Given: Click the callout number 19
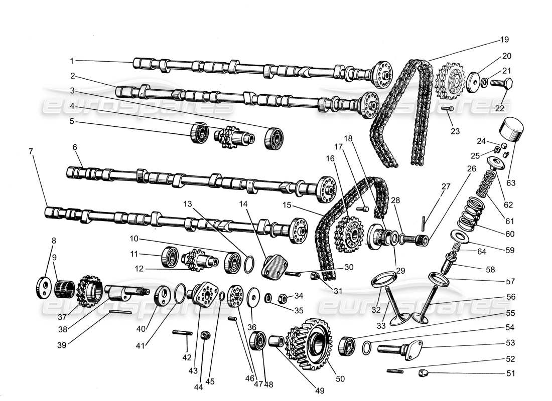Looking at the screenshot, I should click(x=504, y=39).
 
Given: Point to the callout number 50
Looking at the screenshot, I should click(x=340, y=379).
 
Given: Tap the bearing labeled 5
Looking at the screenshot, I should click(x=199, y=133).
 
